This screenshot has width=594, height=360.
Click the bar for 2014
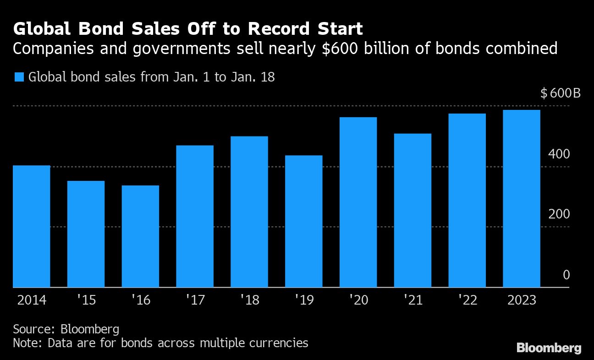click(x=31, y=226)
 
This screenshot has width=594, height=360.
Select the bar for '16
click(x=140, y=236)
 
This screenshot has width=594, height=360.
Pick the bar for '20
click(x=358, y=202)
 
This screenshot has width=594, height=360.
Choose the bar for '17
click(x=195, y=216)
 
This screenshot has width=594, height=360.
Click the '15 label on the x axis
click(x=86, y=300)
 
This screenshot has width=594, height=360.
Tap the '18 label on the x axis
click(x=249, y=300)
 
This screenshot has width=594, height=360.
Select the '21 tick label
click(x=412, y=300)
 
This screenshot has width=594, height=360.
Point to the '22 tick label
click(x=467, y=300)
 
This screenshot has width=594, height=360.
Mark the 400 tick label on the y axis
click(x=559, y=154)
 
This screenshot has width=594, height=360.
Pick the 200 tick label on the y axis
click(x=559, y=214)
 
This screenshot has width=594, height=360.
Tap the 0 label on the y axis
click(x=566, y=275)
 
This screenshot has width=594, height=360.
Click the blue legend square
click(x=19, y=77)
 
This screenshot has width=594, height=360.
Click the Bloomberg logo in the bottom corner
click(x=549, y=348)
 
